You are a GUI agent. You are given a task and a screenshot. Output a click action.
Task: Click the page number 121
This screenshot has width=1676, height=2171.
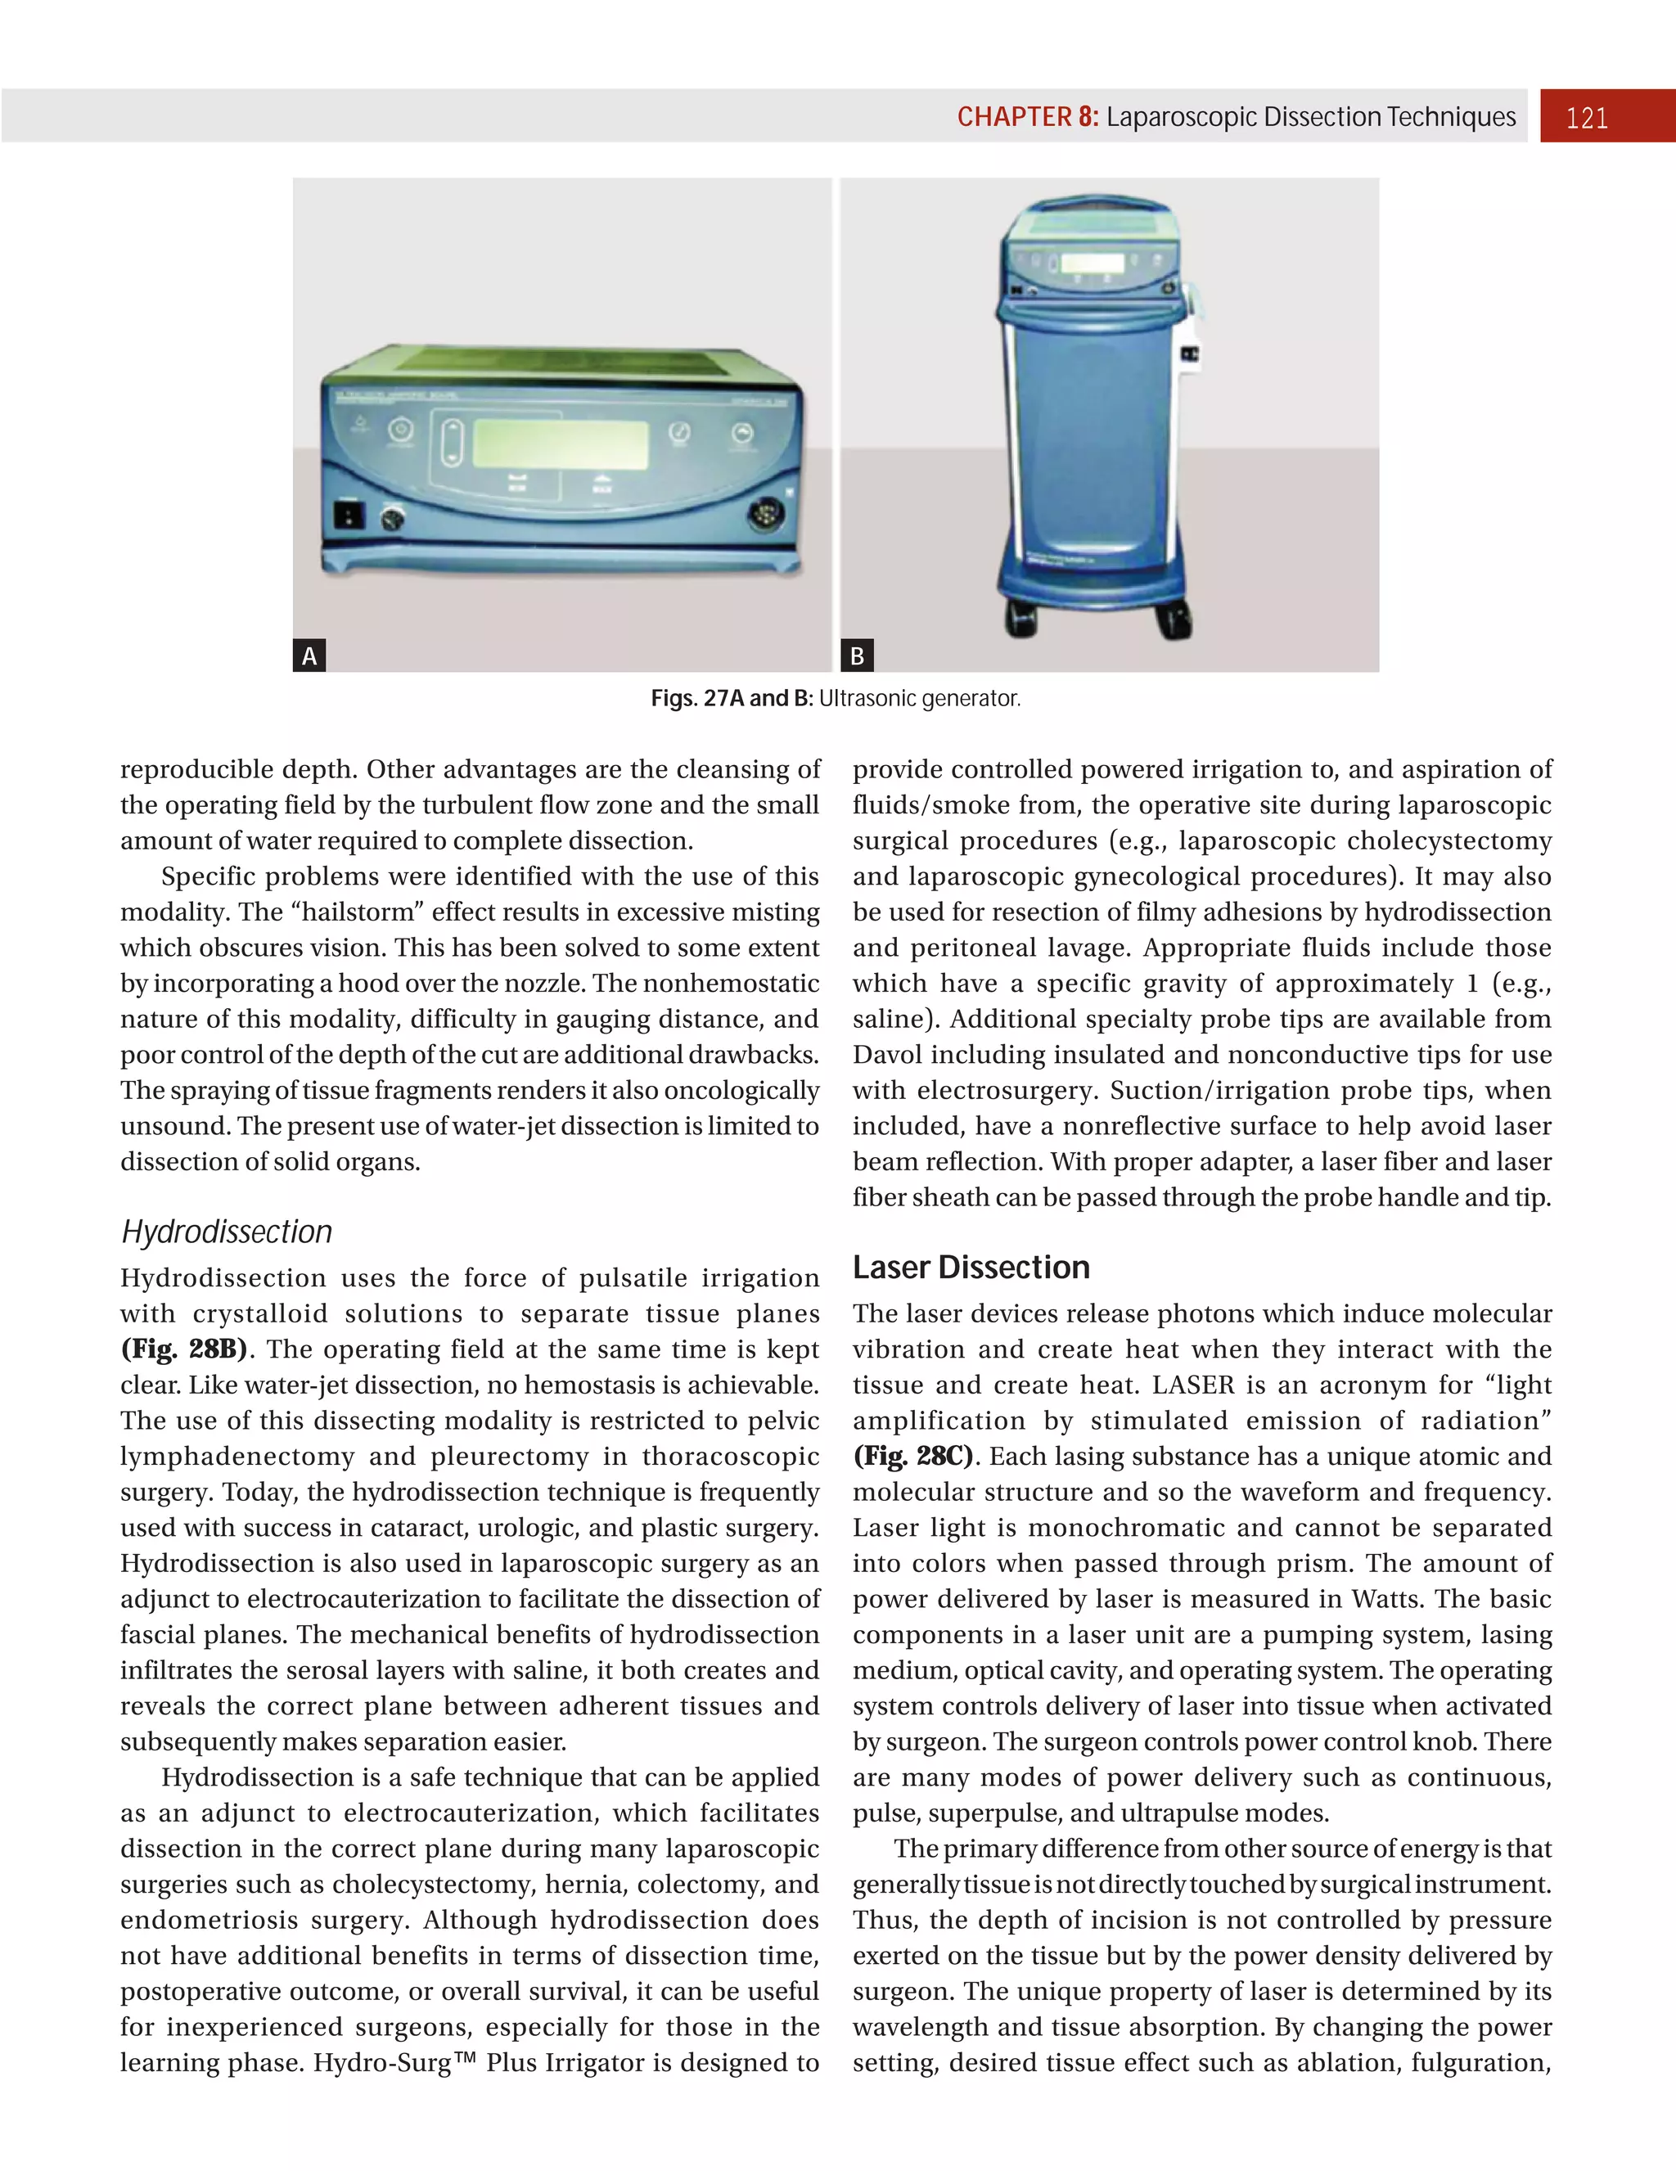pos(1587,119)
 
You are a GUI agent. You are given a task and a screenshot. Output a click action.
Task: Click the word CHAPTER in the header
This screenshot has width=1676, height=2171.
pos(1014,117)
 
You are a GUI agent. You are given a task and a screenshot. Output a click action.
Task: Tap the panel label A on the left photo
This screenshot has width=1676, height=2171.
pos(309,656)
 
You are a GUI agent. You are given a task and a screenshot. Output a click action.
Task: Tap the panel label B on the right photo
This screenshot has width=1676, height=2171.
pos(857,656)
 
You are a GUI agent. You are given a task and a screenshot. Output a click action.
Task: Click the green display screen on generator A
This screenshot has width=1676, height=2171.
pos(560,444)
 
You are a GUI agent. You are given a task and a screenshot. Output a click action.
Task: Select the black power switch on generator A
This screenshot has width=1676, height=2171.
pos(349,515)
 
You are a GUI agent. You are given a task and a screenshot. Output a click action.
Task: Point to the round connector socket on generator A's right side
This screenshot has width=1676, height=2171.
pos(764,515)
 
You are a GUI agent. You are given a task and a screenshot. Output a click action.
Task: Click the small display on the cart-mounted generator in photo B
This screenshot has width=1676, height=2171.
pos(1092,263)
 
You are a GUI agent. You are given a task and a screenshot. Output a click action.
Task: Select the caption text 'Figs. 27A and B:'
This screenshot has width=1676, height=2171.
pos(732,699)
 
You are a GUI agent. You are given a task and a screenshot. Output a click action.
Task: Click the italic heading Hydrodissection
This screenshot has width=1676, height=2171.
pos(227,1232)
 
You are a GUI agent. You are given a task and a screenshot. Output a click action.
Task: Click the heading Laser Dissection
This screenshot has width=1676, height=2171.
pos(971,1268)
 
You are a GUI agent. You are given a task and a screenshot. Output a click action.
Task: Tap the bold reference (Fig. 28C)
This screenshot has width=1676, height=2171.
pos(913,1457)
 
